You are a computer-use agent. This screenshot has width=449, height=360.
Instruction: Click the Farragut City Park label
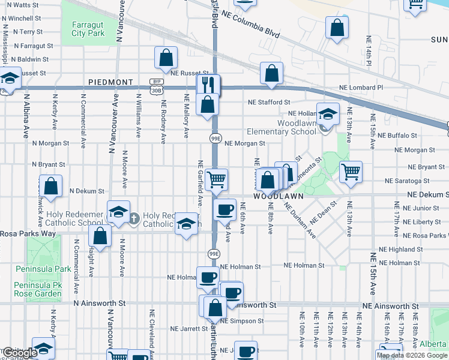(88, 29)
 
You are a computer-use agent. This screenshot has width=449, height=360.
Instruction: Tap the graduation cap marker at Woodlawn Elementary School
(328, 113)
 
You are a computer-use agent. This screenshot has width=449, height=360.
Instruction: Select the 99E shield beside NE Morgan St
(215, 139)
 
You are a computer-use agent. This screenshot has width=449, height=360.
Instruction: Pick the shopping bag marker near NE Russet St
(166, 58)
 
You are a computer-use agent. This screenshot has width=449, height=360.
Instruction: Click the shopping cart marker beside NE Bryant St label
(351, 172)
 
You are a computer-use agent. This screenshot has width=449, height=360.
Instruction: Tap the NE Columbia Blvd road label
(250, 24)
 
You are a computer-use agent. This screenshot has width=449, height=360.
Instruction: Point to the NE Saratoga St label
(407, 181)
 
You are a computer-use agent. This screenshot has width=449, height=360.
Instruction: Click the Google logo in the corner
(20, 353)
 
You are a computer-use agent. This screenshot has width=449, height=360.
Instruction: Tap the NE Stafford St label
(270, 103)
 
